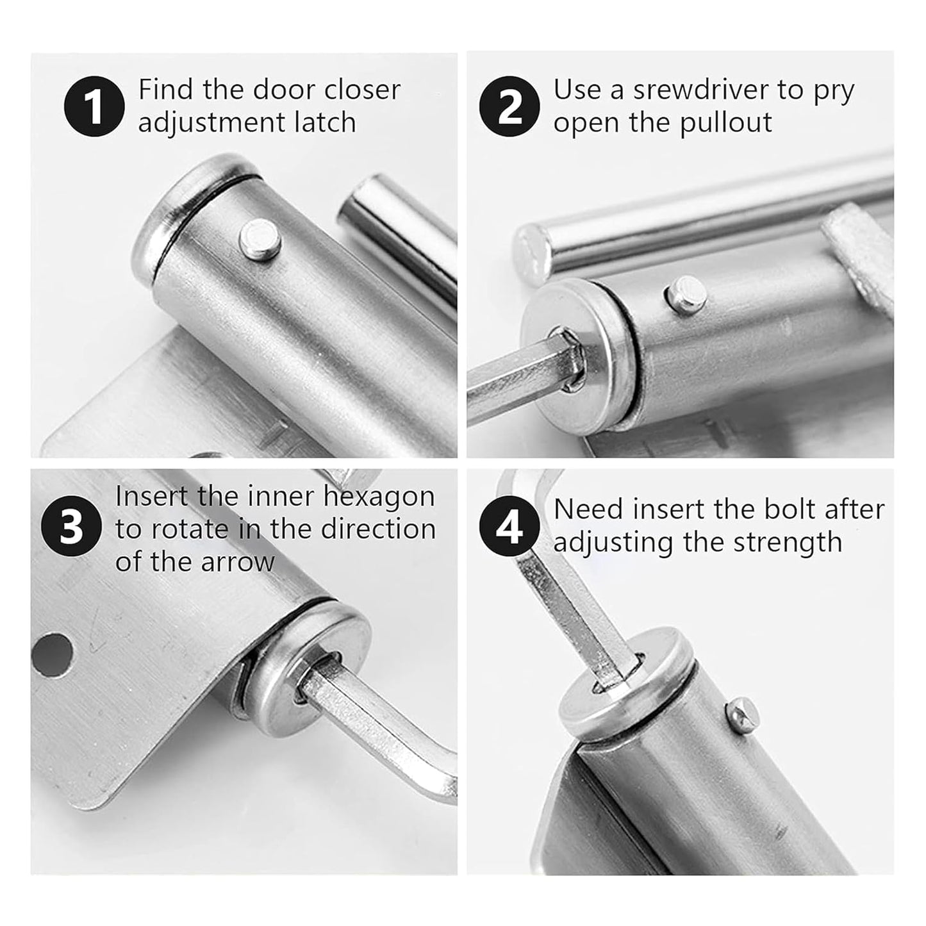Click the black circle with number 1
point(94,106)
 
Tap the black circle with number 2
point(509,106)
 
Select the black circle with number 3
point(71,528)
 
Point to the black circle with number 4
point(509,529)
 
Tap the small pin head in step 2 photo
point(684,293)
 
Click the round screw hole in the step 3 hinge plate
point(51,655)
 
